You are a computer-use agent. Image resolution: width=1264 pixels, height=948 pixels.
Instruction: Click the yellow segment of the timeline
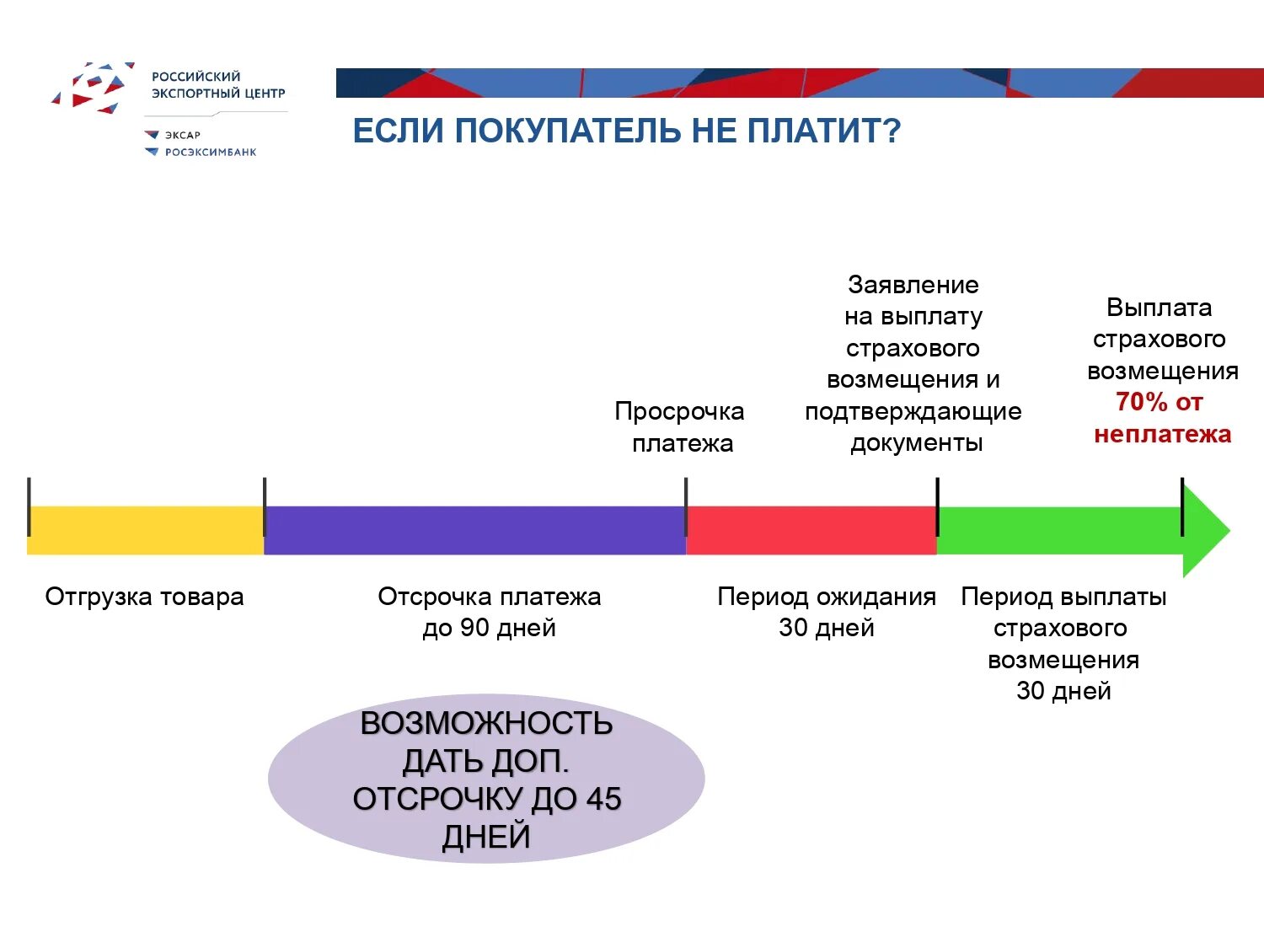145,530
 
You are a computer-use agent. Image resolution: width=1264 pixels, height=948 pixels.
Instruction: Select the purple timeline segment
474,530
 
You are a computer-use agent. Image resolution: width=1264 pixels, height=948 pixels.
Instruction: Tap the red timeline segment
811,530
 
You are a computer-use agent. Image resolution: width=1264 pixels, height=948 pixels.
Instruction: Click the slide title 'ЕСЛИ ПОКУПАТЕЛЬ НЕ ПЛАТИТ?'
626,131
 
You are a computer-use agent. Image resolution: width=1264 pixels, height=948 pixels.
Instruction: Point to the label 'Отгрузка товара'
144,597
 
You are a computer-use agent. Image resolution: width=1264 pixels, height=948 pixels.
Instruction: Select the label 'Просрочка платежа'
680,427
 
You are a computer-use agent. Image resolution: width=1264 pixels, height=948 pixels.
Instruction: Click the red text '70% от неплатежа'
1162,418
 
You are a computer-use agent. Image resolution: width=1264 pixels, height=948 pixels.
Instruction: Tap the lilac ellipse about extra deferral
486,778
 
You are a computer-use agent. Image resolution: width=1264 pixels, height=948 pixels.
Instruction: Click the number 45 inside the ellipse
603,799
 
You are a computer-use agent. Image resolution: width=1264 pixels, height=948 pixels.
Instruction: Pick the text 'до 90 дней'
489,628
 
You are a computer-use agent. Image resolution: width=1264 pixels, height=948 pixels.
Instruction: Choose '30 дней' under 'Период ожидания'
826,628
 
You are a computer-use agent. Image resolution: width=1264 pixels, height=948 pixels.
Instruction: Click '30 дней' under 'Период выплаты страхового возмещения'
1063,691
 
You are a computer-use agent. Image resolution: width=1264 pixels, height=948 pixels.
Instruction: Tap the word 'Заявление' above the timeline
913,285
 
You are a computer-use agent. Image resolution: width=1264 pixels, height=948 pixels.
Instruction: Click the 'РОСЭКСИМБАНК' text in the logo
211,153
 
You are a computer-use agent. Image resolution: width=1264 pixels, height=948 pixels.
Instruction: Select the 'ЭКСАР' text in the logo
183,135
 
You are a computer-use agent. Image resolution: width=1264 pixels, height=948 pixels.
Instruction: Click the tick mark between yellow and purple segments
265,506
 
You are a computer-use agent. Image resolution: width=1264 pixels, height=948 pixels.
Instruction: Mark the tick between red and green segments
937,506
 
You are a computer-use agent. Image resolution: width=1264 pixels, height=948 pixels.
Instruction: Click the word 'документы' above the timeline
916,443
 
